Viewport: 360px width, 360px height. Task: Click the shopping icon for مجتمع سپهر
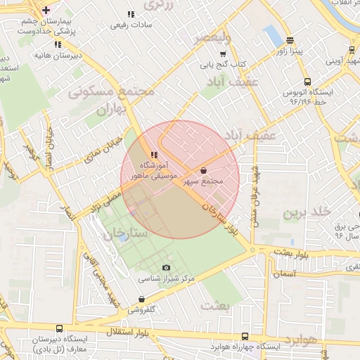tap(203, 170)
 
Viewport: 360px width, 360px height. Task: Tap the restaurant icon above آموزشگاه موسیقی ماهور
tap(153, 155)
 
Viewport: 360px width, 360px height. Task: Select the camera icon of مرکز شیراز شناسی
tap(166, 267)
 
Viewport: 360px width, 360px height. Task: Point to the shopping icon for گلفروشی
tap(141, 299)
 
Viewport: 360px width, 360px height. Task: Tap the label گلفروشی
tap(141, 309)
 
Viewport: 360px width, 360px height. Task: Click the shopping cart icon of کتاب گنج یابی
tap(223, 53)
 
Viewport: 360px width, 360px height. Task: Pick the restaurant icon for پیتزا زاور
tap(290, 41)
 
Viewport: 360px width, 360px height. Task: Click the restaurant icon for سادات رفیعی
tap(131, 14)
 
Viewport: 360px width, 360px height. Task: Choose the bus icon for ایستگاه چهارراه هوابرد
tap(245, 336)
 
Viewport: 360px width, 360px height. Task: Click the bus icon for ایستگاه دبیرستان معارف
tap(58, 328)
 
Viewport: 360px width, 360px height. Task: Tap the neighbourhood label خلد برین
tap(306, 212)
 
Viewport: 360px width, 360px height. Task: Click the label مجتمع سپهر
tap(203, 181)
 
